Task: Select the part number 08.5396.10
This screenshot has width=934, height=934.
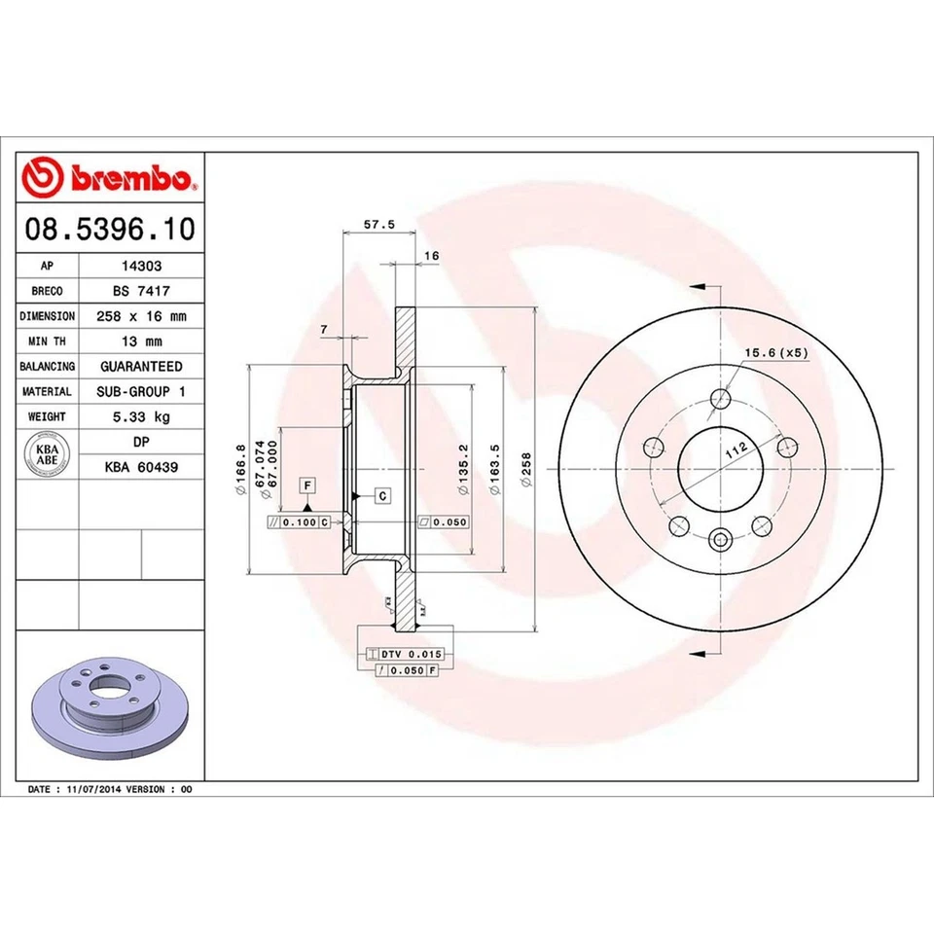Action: (x=109, y=230)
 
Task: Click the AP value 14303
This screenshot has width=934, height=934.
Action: (x=141, y=266)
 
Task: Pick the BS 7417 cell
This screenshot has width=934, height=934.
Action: (x=141, y=291)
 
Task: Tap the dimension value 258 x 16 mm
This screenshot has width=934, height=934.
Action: (x=141, y=316)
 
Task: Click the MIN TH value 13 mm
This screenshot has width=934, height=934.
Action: (x=141, y=341)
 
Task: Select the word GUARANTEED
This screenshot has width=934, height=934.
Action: (x=141, y=367)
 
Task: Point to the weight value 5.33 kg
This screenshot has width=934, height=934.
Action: (x=141, y=416)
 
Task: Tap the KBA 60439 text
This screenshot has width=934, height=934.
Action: (x=141, y=467)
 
